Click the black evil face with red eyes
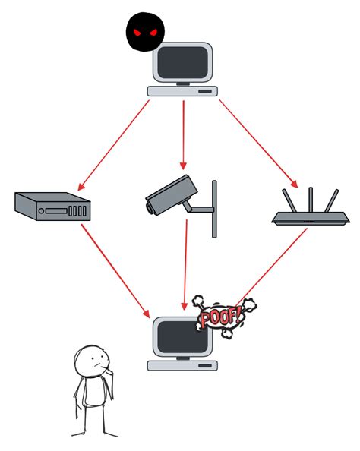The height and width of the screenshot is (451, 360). point(145,32)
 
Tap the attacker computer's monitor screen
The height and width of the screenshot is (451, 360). point(183,63)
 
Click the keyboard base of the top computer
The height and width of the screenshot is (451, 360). point(182,91)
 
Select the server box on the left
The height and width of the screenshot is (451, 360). point(52,206)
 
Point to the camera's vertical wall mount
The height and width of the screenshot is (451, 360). point(214,209)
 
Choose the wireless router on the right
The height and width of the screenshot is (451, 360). point(310,217)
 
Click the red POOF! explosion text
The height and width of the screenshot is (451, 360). point(222,314)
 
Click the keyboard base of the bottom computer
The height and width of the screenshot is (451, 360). point(182,365)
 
